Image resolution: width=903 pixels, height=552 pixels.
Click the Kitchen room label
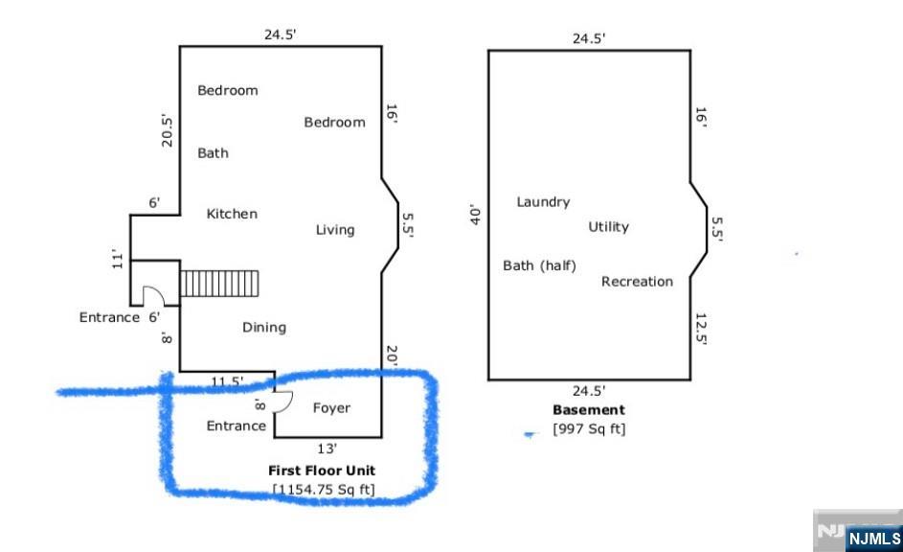tap(232, 214)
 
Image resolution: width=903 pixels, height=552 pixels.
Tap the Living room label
tap(335, 230)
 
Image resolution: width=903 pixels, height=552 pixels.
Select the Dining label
tap(264, 328)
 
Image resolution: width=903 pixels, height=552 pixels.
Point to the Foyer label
tap(331, 408)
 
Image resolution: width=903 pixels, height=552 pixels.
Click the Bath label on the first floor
tap(214, 152)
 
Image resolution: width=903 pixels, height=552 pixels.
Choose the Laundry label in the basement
tap(543, 201)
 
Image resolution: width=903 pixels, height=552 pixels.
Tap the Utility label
tap(608, 227)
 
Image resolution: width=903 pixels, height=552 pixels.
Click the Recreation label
tap(637, 281)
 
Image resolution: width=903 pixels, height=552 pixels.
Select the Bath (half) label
tap(540, 265)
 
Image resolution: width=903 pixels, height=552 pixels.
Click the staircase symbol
tap(219, 284)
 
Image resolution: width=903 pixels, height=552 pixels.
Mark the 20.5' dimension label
tap(167, 130)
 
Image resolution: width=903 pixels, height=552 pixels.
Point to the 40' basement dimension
tap(475, 215)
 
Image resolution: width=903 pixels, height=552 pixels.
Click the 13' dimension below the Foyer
tap(327, 448)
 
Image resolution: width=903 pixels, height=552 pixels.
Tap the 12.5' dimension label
tap(701, 329)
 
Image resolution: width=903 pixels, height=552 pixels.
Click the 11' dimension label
tap(118, 260)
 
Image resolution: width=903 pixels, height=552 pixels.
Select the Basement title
tap(589, 409)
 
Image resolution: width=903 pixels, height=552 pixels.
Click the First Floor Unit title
tap(322, 471)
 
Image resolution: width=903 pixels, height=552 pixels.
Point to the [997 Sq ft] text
tap(589, 428)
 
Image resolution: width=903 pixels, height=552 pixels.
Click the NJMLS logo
tap(874, 539)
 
